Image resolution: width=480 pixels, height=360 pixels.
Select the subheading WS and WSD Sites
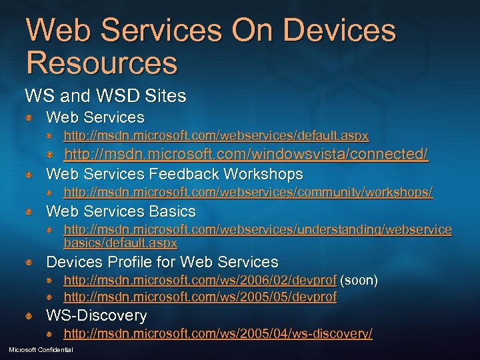(105, 96)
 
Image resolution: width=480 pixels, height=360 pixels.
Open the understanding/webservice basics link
(257, 230)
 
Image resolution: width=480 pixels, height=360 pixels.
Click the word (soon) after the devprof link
(359, 281)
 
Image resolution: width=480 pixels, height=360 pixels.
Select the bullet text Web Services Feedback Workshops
(174, 175)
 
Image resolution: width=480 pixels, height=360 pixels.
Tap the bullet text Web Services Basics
(121, 212)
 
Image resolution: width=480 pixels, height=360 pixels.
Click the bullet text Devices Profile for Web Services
(162, 262)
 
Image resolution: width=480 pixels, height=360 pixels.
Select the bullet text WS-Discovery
(96, 315)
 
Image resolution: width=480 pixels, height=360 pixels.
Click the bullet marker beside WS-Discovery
(30, 315)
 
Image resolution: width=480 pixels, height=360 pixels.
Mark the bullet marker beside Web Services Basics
(30, 212)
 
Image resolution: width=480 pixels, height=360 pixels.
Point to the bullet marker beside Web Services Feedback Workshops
(30, 175)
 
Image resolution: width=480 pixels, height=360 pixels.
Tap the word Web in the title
(56, 30)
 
